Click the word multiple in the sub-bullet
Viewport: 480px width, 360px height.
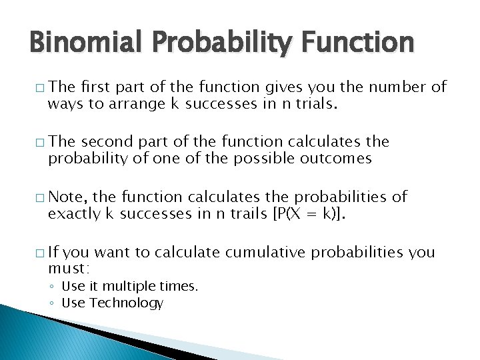(x=123, y=287)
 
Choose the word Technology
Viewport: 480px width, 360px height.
(x=126, y=303)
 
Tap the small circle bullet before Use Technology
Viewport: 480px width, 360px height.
(x=53, y=303)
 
